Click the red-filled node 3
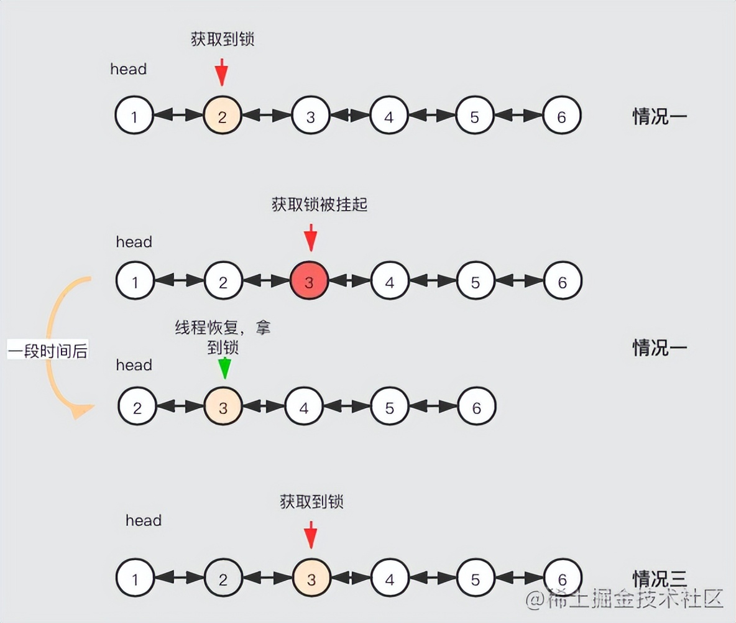tap(309, 282)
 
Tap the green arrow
tap(224, 368)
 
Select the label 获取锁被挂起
tap(320, 205)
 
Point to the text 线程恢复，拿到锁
tap(223, 337)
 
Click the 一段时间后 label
tap(48, 351)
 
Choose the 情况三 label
tap(660, 579)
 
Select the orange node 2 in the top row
tap(222, 116)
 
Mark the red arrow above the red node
tap(311, 238)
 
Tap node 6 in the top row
tap(561, 116)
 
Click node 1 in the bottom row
tap(135, 579)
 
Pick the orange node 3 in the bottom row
tap(311, 579)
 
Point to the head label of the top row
tap(128, 69)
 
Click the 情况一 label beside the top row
tap(660, 116)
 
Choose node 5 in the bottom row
tap(476, 579)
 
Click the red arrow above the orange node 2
tap(221, 72)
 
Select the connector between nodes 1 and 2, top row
tap(178, 116)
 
